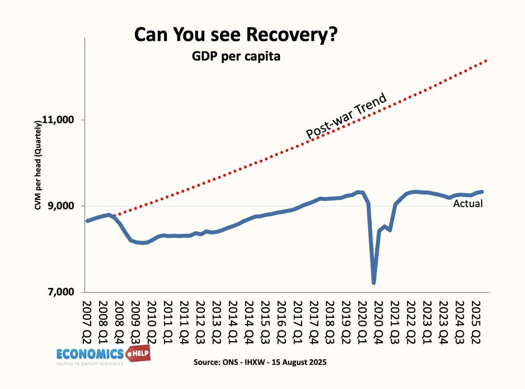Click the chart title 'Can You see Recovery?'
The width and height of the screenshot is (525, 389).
tap(236, 35)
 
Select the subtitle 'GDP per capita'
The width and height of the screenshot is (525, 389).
tap(236, 57)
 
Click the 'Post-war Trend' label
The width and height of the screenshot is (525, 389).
tap(346, 116)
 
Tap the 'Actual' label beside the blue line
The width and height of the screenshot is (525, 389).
tap(468, 204)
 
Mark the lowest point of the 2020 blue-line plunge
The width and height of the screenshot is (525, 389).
tap(374, 283)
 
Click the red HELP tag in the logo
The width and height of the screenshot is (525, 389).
tap(138, 354)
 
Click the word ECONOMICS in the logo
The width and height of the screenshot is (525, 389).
tap(90, 354)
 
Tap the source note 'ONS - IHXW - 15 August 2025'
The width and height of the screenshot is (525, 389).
tap(260, 362)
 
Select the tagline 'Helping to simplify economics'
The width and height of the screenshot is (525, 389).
tap(90, 364)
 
